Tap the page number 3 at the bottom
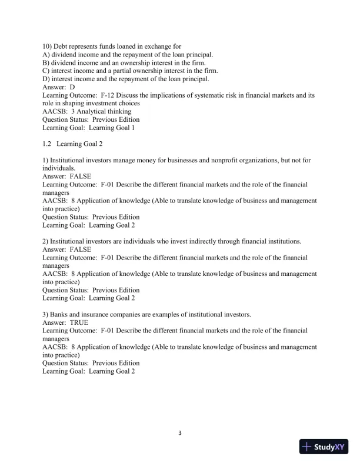coord(180,434)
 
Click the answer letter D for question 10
coord(72,86)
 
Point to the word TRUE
coord(79,323)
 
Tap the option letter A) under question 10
coord(46,54)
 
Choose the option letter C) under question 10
coord(46,71)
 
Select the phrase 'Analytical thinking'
coord(104,111)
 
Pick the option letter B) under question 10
coord(46,62)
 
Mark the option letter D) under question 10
coord(46,79)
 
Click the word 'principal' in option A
coord(198,54)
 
